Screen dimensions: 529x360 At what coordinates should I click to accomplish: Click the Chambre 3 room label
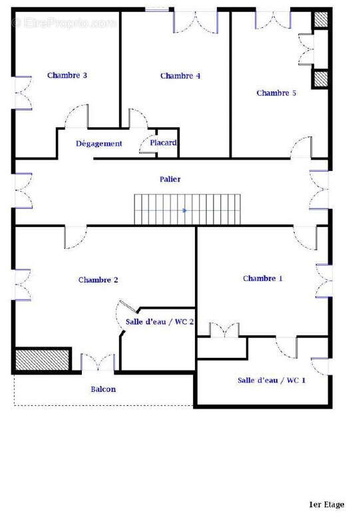(67, 75)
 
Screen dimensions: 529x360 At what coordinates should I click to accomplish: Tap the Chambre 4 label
(180, 76)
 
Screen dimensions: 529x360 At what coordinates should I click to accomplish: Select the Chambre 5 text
(276, 93)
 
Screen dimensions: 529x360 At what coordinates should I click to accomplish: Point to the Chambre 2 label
(98, 280)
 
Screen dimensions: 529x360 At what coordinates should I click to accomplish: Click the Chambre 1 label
(263, 278)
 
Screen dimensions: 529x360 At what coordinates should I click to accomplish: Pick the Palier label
(170, 179)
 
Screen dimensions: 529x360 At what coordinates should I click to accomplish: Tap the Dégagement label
(98, 144)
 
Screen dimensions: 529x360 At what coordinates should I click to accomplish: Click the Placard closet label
(163, 143)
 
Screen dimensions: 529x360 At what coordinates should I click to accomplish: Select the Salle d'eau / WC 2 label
(160, 322)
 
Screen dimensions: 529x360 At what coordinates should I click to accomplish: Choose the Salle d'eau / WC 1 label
(271, 381)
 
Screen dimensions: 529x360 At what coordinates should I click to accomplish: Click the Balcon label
(103, 389)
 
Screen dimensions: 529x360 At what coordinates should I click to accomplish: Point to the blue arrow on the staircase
(184, 210)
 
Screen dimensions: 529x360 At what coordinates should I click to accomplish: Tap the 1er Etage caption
(326, 504)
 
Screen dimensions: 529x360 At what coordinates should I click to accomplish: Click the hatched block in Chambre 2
(43, 359)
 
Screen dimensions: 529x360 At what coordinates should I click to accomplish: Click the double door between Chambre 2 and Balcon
(98, 363)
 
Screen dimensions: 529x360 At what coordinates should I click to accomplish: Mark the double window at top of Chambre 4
(196, 20)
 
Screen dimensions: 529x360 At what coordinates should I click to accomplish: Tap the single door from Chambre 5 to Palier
(301, 148)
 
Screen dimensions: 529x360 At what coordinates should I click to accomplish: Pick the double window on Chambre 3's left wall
(23, 94)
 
